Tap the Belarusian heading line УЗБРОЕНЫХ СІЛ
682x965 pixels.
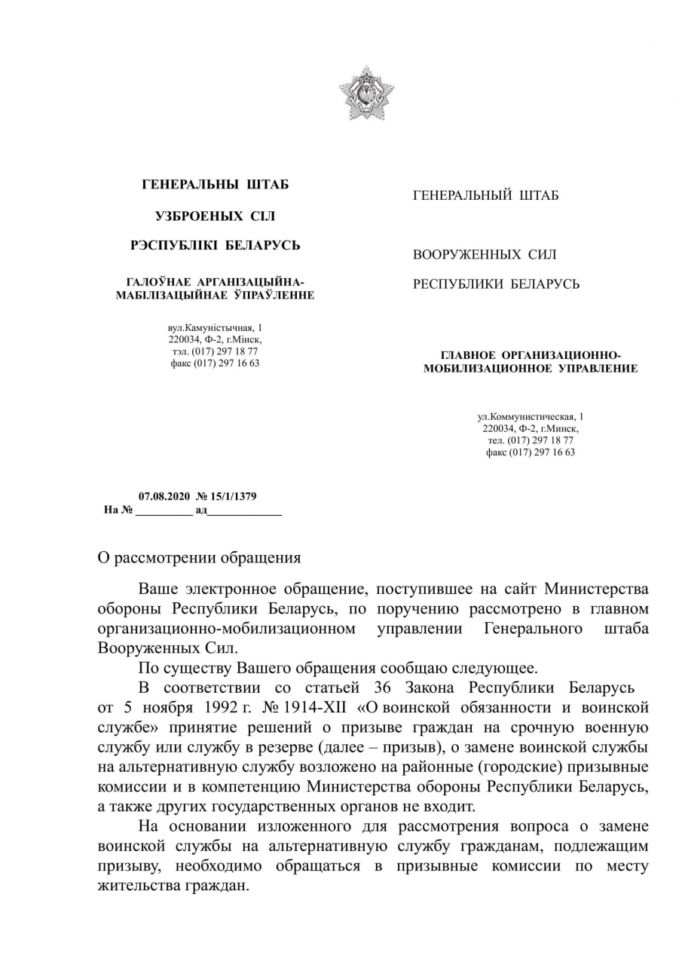(x=215, y=216)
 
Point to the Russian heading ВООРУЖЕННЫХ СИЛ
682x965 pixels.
(x=485, y=255)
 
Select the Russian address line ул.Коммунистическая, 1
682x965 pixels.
(x=531, y=417)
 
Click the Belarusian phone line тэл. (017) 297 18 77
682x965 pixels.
(x=215, y=352)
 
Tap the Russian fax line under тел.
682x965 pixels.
(x=531, y=452)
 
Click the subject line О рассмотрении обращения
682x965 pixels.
(x=200, y=559)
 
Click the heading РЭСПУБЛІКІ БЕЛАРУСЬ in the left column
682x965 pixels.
(x=215, y=246)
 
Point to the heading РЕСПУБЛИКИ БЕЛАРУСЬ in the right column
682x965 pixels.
(x=496, y=284)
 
